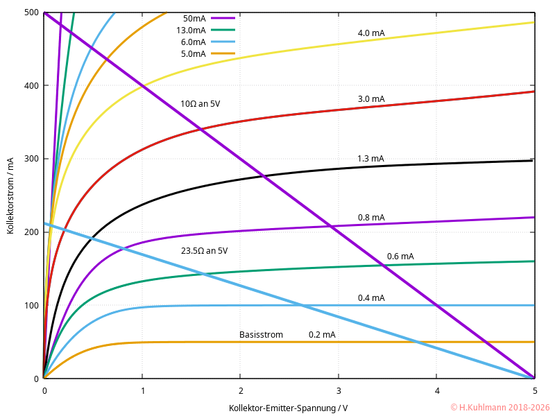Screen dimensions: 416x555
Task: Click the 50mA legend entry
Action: (x=194, y=19)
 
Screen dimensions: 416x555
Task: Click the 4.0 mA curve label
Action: (x=371, y=33)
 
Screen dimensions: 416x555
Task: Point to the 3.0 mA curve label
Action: (x=371, y=99)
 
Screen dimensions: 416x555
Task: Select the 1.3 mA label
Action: (x=370, y=159)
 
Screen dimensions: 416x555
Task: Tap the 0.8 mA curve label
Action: (x=371, y=218)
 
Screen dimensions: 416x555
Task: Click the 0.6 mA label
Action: (x=400, y=257)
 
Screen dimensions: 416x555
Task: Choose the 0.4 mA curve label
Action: (x=371, y=298)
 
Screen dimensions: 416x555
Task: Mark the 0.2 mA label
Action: (x=322, y=335)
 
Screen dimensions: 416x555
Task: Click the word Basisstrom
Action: (x=261, y=335)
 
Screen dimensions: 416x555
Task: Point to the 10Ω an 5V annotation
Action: (x=200, y=104)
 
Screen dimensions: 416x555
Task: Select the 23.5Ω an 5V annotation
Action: (x=204, y=250)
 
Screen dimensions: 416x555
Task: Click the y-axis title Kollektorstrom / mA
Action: (x=11, y=196)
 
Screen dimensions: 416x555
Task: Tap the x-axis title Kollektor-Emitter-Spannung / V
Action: (x=289, y=408)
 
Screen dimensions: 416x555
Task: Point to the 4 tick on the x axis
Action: (x=436, y=390)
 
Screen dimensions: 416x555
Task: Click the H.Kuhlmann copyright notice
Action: (x=499, y=408)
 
